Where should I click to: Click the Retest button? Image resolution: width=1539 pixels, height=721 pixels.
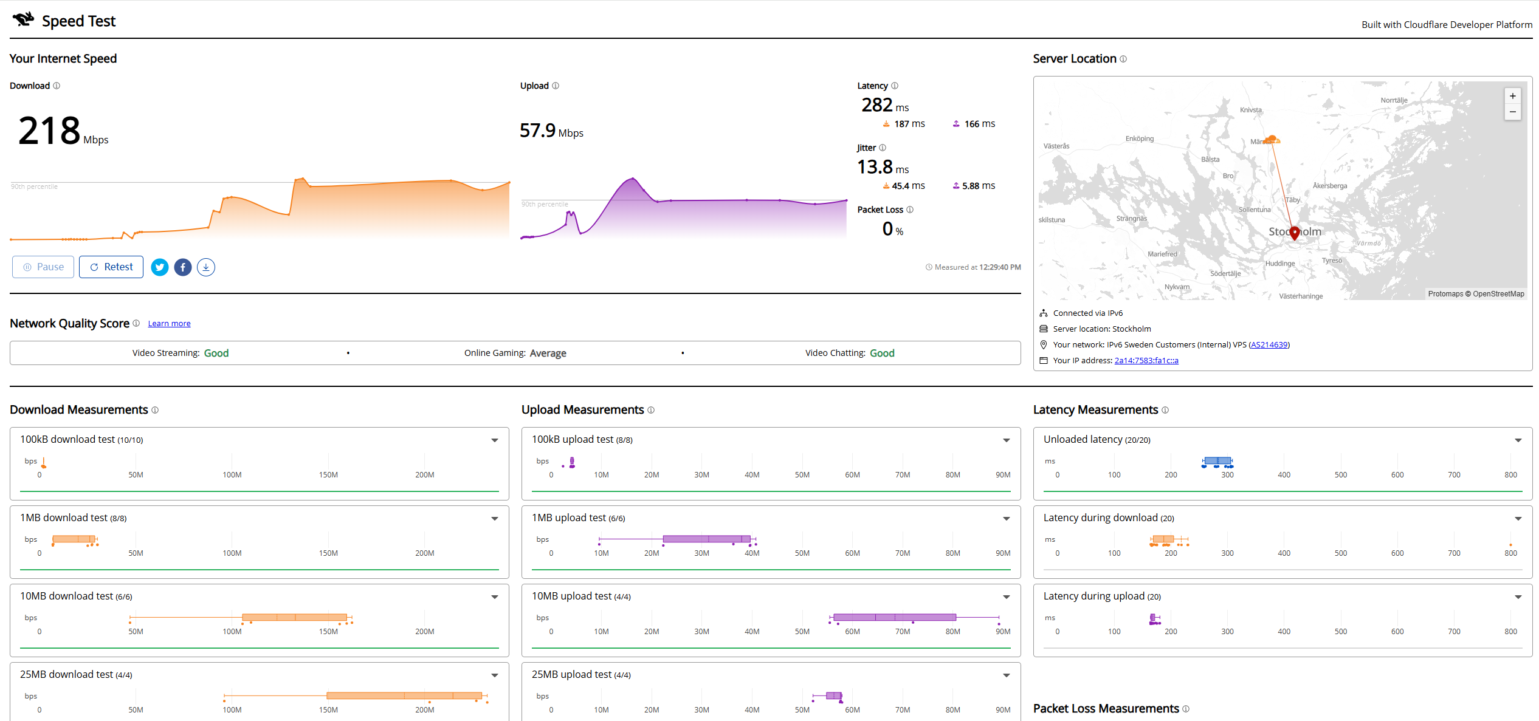(x=111, y=267)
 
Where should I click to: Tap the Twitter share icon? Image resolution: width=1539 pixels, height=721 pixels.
(x=160, y=267)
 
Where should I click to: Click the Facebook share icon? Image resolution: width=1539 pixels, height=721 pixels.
(x=183, y=267)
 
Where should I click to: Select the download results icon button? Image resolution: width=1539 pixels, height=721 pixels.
(x=206, y=267)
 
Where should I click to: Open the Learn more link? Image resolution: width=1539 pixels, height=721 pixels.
(x=169, y=324)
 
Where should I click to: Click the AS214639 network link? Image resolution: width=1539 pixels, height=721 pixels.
(x=1269, y=345)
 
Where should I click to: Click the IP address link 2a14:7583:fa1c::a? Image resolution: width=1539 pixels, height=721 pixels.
(x=1146, y=361)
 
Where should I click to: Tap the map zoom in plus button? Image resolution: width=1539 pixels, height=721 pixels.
(x=1513, y=96)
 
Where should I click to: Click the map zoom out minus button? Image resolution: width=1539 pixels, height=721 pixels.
(x=1513, y=112)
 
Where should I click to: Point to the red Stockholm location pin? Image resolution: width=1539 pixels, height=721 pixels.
(x=1295, y=233)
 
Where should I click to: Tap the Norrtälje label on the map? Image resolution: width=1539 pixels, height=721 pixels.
(x=1394, y=100)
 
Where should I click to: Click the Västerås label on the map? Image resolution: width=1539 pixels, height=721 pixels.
(x=1056, y=146)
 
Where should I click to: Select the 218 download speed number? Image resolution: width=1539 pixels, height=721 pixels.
(x=49, y=131)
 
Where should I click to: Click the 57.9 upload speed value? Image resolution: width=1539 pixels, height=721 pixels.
(x=537, y=131)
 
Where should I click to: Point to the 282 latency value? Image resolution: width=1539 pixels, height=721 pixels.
(x=876, y=105)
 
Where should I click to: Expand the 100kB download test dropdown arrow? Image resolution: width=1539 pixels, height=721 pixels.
(x=495, y=440)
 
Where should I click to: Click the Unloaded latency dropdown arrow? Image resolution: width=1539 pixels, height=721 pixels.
(x=1518, y=440)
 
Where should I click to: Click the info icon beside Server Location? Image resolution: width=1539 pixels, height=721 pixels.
(x=1123, y=59)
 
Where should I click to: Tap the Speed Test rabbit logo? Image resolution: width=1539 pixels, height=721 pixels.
(x=24, y=19)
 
